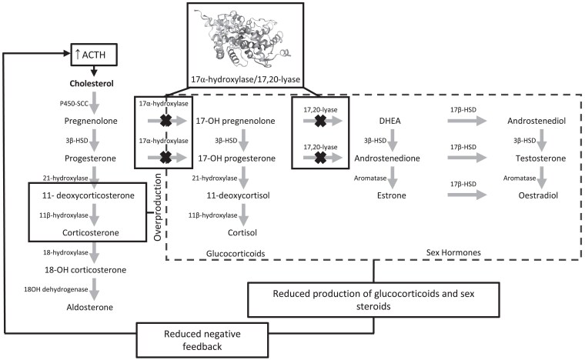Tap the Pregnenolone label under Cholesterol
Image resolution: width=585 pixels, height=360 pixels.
coord(93,122)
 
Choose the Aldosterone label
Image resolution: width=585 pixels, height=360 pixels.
coord(93,307)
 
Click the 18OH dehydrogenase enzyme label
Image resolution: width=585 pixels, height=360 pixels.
coord(48,288)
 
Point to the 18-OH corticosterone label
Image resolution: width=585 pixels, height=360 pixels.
coord(92,269)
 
